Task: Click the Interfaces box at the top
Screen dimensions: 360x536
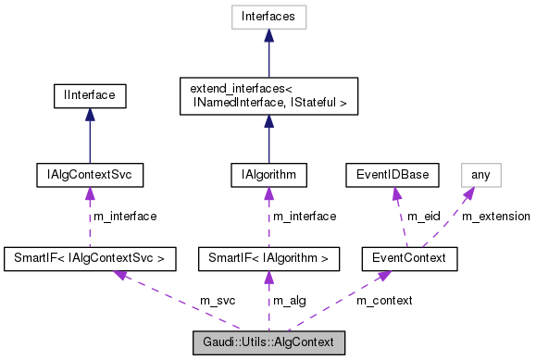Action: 268,16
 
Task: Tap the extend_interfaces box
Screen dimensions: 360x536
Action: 268,95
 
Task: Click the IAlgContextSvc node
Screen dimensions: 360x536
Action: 89,173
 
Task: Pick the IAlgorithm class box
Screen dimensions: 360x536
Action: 268,173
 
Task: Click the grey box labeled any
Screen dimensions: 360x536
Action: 480,173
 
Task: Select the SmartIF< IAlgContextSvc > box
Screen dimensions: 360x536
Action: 89,256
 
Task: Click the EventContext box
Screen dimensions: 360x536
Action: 409,256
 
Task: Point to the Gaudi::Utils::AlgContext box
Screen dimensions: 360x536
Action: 268,341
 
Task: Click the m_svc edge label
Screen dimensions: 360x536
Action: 218,301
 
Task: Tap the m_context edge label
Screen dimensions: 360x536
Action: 384,301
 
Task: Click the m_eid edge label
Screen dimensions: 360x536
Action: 426,216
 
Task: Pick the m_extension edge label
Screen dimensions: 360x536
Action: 496,216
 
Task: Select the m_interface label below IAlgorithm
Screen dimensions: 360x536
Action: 305,216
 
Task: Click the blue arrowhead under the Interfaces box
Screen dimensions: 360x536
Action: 268,34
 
